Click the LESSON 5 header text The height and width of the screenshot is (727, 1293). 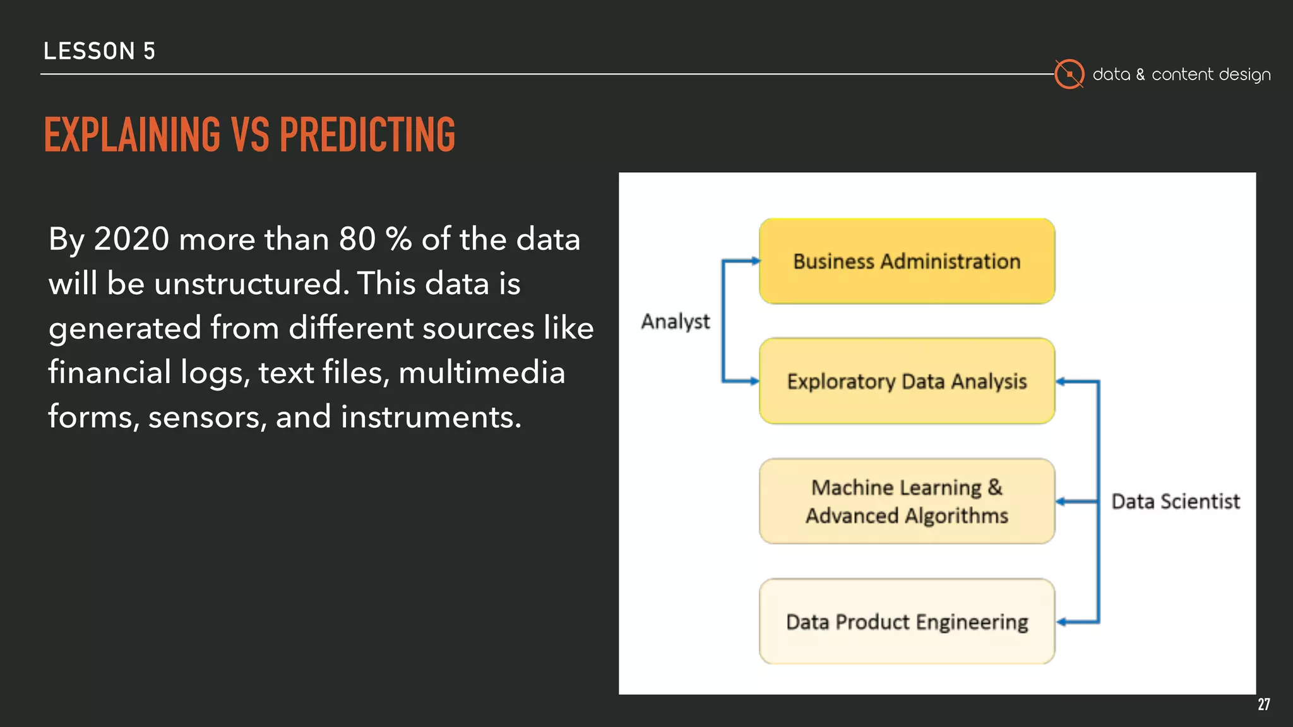click(99, 51)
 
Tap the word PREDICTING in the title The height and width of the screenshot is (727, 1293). click(367, 135)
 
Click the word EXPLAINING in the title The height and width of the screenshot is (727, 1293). click(132, 135)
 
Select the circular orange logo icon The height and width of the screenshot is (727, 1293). click(1069, 74)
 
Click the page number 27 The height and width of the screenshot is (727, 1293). click(1263, 704)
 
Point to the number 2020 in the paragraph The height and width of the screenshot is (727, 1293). click(131, 239)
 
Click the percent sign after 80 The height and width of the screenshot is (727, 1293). click(398, 239)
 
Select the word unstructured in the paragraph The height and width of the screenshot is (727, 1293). click(251, 283)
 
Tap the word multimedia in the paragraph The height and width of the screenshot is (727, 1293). click(482, 372)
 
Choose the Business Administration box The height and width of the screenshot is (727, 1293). click(907, 261)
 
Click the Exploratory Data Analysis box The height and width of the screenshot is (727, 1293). click(907, 381)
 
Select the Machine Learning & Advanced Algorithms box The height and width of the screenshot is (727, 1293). click(907, 501)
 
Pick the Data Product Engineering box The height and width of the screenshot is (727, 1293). click(907, 622)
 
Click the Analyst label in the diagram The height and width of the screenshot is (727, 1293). click(675, 322)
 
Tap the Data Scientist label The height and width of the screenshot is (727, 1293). click(1175, 502)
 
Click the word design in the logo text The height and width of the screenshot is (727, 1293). click(1244, 75)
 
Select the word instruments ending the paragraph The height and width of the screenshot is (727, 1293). click(431, 417)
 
